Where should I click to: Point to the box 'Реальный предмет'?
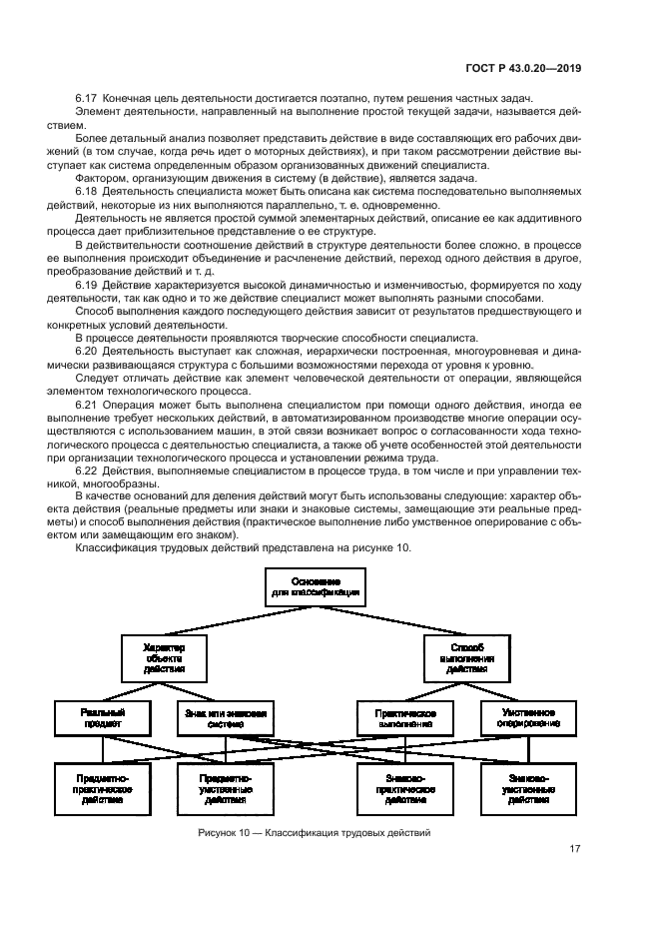pyautogui.click(x=102, y=718)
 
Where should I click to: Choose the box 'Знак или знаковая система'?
pyautogui.click(x=225, y=718)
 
